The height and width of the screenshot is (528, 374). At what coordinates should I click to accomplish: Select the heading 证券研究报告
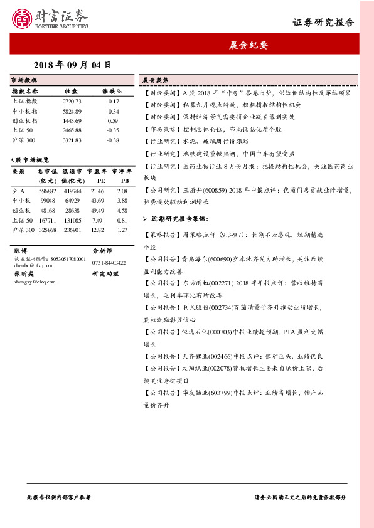[323, 23]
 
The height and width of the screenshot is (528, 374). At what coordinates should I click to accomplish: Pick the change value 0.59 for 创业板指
[113, 120]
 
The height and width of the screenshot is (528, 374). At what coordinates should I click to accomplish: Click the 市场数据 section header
[25, 80]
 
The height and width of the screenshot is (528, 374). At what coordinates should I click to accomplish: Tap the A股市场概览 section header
[31, 161]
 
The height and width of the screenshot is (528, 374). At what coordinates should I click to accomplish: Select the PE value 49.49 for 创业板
[97, 211]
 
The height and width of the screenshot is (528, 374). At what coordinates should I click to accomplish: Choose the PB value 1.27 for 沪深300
[122, 230]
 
